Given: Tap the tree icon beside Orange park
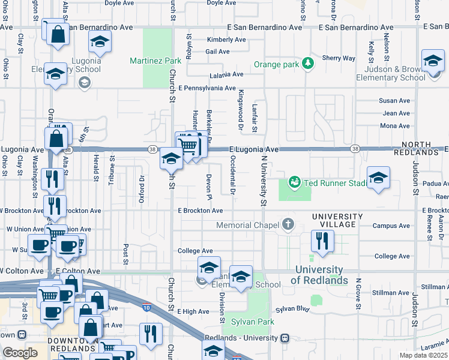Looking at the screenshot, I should click(308, 63).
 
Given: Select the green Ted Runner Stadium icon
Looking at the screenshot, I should click(294, 181).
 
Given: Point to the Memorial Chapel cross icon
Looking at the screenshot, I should click(288, 225).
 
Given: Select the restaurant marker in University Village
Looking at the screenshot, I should click(322, 241).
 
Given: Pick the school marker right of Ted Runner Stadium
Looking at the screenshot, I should click(378, 178).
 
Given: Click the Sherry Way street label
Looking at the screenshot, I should click(339, 58).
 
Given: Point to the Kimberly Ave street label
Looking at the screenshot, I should click(226, 40).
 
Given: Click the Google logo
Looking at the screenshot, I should click(20, 353).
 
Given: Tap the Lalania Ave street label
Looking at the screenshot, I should click(226, 75).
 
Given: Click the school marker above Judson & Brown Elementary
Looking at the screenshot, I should click(432, 61).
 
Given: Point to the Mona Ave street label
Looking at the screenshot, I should click(396, 126).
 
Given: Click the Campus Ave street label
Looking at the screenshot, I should click(391, 226).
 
